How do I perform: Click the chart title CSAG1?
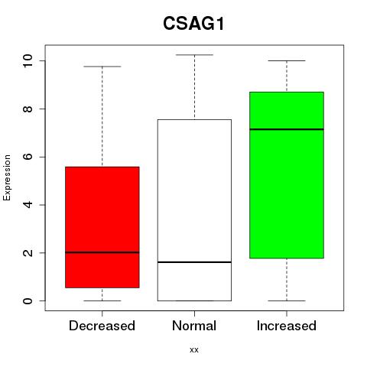tap(193, 24)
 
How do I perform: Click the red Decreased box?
tap(102, 227)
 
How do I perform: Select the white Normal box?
tap(194, 210)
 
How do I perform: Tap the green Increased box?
tap(287, 175)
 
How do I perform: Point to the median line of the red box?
tap(102, 252)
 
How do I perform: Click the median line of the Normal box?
tap(194, 262)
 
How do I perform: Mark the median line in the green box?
tap(287, 129)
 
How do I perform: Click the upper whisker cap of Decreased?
tap(102, 67)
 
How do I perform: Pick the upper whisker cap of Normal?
tap(194, 55)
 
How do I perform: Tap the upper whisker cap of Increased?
tap(287, 60)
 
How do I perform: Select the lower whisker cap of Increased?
tap(287, 300)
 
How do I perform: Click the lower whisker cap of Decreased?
tap(102, 300)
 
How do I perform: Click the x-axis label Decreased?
tap(102, 326)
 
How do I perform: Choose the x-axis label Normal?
tap(194, 326)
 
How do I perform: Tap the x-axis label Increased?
tap(287, 326)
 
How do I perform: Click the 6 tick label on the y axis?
tap(28, 157)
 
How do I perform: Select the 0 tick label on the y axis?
tap(28, 300)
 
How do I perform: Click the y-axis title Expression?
tap(7, 177)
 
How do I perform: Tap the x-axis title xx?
tap(194, 350)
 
